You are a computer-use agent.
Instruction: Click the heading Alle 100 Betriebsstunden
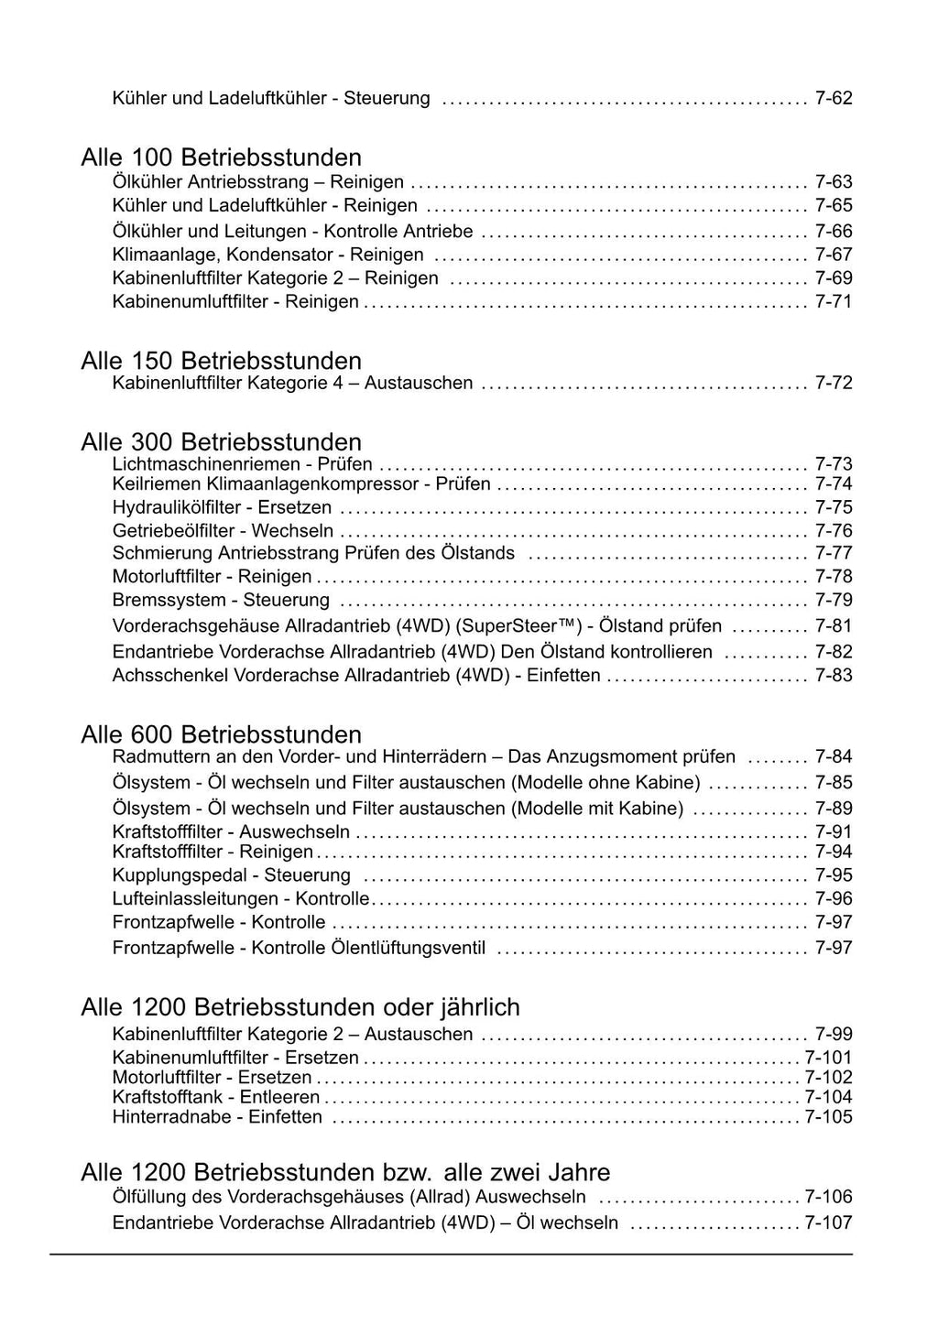pos(221,157)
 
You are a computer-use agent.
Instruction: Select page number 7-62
pos(834,98)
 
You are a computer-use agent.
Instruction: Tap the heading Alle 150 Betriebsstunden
pos(221,361)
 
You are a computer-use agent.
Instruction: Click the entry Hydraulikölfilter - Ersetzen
pos(222,507)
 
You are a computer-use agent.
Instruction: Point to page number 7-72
pos(834,383)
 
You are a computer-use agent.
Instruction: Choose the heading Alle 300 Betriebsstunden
pos(221,442)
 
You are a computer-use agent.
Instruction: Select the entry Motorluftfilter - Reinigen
pos(212,577)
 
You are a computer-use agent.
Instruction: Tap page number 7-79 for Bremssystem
pos(834,601)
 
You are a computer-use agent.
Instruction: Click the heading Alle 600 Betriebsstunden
pos(221,734)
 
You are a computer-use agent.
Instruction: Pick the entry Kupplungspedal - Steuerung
pos(231,875)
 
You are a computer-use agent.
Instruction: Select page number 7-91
pos(834,832)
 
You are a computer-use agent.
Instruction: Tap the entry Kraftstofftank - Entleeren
pos(216,1097)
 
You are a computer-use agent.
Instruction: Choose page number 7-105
pos(828,1117)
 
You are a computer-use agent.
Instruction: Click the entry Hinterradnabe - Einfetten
pos(217,1117)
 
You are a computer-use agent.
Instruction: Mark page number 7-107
pos(828,1223)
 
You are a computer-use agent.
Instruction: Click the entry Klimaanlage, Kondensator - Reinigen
pos(267,255)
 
